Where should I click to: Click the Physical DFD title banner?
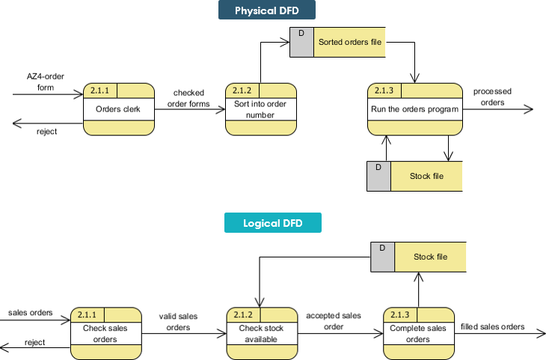pos(267,10)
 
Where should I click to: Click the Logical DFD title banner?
pos(272,223)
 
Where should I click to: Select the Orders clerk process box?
pos(119,109)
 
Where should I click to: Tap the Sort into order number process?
pos(260,109)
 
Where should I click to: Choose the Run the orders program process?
pos(414,109)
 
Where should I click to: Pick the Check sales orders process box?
pos(105,332)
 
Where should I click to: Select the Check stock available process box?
pos(262,332)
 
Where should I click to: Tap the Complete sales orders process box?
pos(418,332)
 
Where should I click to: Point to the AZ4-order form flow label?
pos(46,82)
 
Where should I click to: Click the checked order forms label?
pos(188,99)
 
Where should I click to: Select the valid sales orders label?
pos(178,321)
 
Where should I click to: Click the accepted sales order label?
pos(334,320)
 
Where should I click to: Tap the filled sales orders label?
pos(492,326)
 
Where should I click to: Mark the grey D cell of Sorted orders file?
pos(301,43)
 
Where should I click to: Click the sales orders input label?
pos(31,312)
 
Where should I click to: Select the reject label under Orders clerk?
pos(47,131)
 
